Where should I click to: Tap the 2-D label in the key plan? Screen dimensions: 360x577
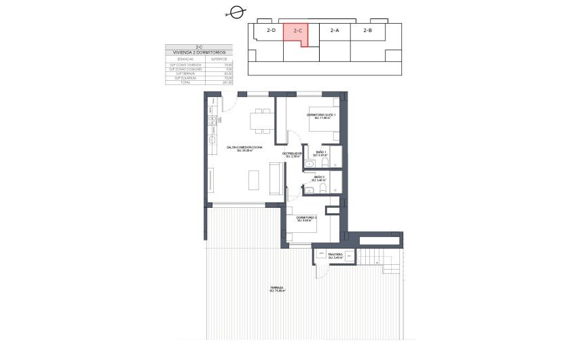(271, 31)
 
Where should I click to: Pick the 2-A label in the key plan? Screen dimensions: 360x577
(335, 31)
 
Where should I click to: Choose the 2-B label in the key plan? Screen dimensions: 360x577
(367, 31)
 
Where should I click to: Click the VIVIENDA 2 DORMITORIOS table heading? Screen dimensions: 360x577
(200, 52)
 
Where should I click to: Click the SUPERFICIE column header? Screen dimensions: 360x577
(219, 59)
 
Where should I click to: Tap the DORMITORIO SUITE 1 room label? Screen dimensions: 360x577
(321, 116)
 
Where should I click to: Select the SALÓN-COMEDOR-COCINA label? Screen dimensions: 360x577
(245, 148)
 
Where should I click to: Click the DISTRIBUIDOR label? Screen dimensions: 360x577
(293, 154)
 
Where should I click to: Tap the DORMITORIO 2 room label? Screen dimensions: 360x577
(306, 219)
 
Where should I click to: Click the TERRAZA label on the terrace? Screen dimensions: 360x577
(276, 289)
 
